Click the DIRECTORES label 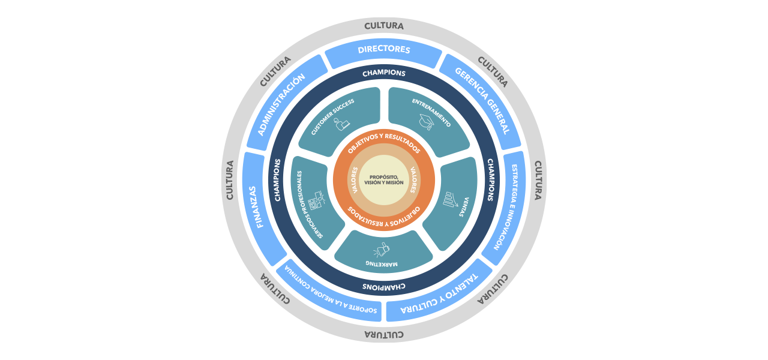[x=384, y=50]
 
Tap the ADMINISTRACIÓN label [x=282, y=103]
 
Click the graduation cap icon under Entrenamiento [x=427, y=122]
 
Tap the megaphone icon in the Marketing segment [x=382, y=248]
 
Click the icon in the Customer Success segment [x=342, y=124]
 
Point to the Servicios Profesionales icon [x=316, y=200]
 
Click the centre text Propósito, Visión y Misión [x=384, y=179]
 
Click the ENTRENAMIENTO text [x=431, y=112]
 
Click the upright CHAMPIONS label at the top [x=384, y=73]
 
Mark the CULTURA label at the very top [x=384, y=26]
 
